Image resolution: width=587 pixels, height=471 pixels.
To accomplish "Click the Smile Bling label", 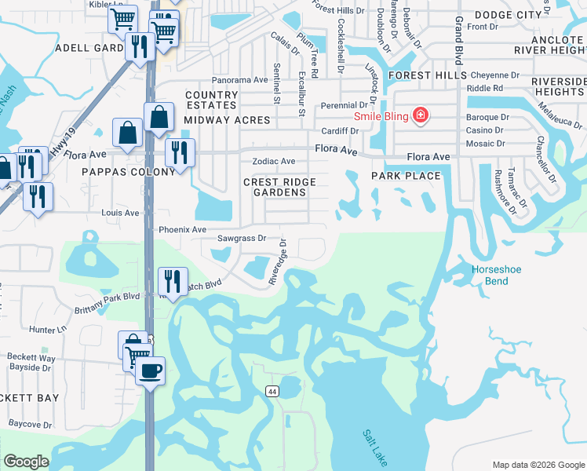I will [382, 116].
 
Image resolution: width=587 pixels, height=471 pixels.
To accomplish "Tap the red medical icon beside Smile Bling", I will [421, 115].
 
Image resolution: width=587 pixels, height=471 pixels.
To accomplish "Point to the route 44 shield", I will [272, 391].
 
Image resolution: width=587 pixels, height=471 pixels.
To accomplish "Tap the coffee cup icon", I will [150, 370].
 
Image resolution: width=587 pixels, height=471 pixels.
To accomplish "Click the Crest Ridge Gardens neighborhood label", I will [279, 188].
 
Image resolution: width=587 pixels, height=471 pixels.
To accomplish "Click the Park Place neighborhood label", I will [406, 176].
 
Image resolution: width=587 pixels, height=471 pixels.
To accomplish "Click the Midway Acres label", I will [227, 120].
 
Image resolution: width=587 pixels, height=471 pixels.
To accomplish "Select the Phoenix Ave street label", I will [182, 230].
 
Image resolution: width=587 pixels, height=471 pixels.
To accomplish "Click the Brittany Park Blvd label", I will [108, 297].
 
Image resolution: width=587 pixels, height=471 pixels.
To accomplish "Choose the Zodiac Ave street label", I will [273, 161].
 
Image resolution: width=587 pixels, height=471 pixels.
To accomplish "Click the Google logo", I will [26, 462].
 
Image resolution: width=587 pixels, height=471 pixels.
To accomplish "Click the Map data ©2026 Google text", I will [538, 464].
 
